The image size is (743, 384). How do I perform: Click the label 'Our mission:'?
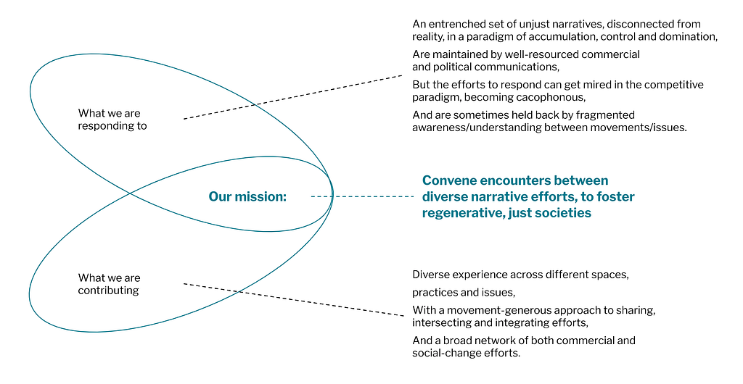(x=247, y=196)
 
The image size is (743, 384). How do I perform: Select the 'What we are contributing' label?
(x=110, y=284)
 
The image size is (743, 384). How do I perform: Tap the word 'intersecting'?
(x=440, y=322)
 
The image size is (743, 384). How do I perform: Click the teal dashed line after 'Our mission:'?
(x=363, y=196)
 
